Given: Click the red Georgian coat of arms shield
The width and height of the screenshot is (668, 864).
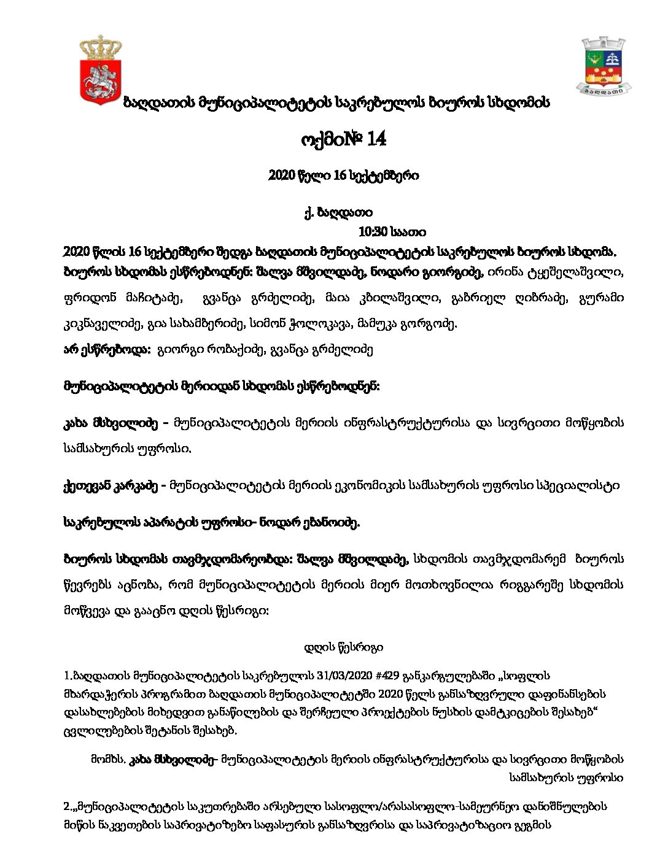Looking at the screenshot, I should [x=101, y=80].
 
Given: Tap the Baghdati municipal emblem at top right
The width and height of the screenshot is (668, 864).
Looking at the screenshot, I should [x=603, y=66].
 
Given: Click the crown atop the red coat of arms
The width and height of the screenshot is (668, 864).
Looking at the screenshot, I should [x=101, y=47].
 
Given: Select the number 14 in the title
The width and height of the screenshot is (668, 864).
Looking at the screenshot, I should [x=374, y=140].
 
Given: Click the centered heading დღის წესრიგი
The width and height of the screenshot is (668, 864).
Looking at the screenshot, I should [x=344, y=647].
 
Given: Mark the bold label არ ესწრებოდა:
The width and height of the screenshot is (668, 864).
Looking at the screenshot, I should [x=106, y=350].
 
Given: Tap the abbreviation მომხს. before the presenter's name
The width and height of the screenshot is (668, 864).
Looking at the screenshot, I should [x=107, y=759].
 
